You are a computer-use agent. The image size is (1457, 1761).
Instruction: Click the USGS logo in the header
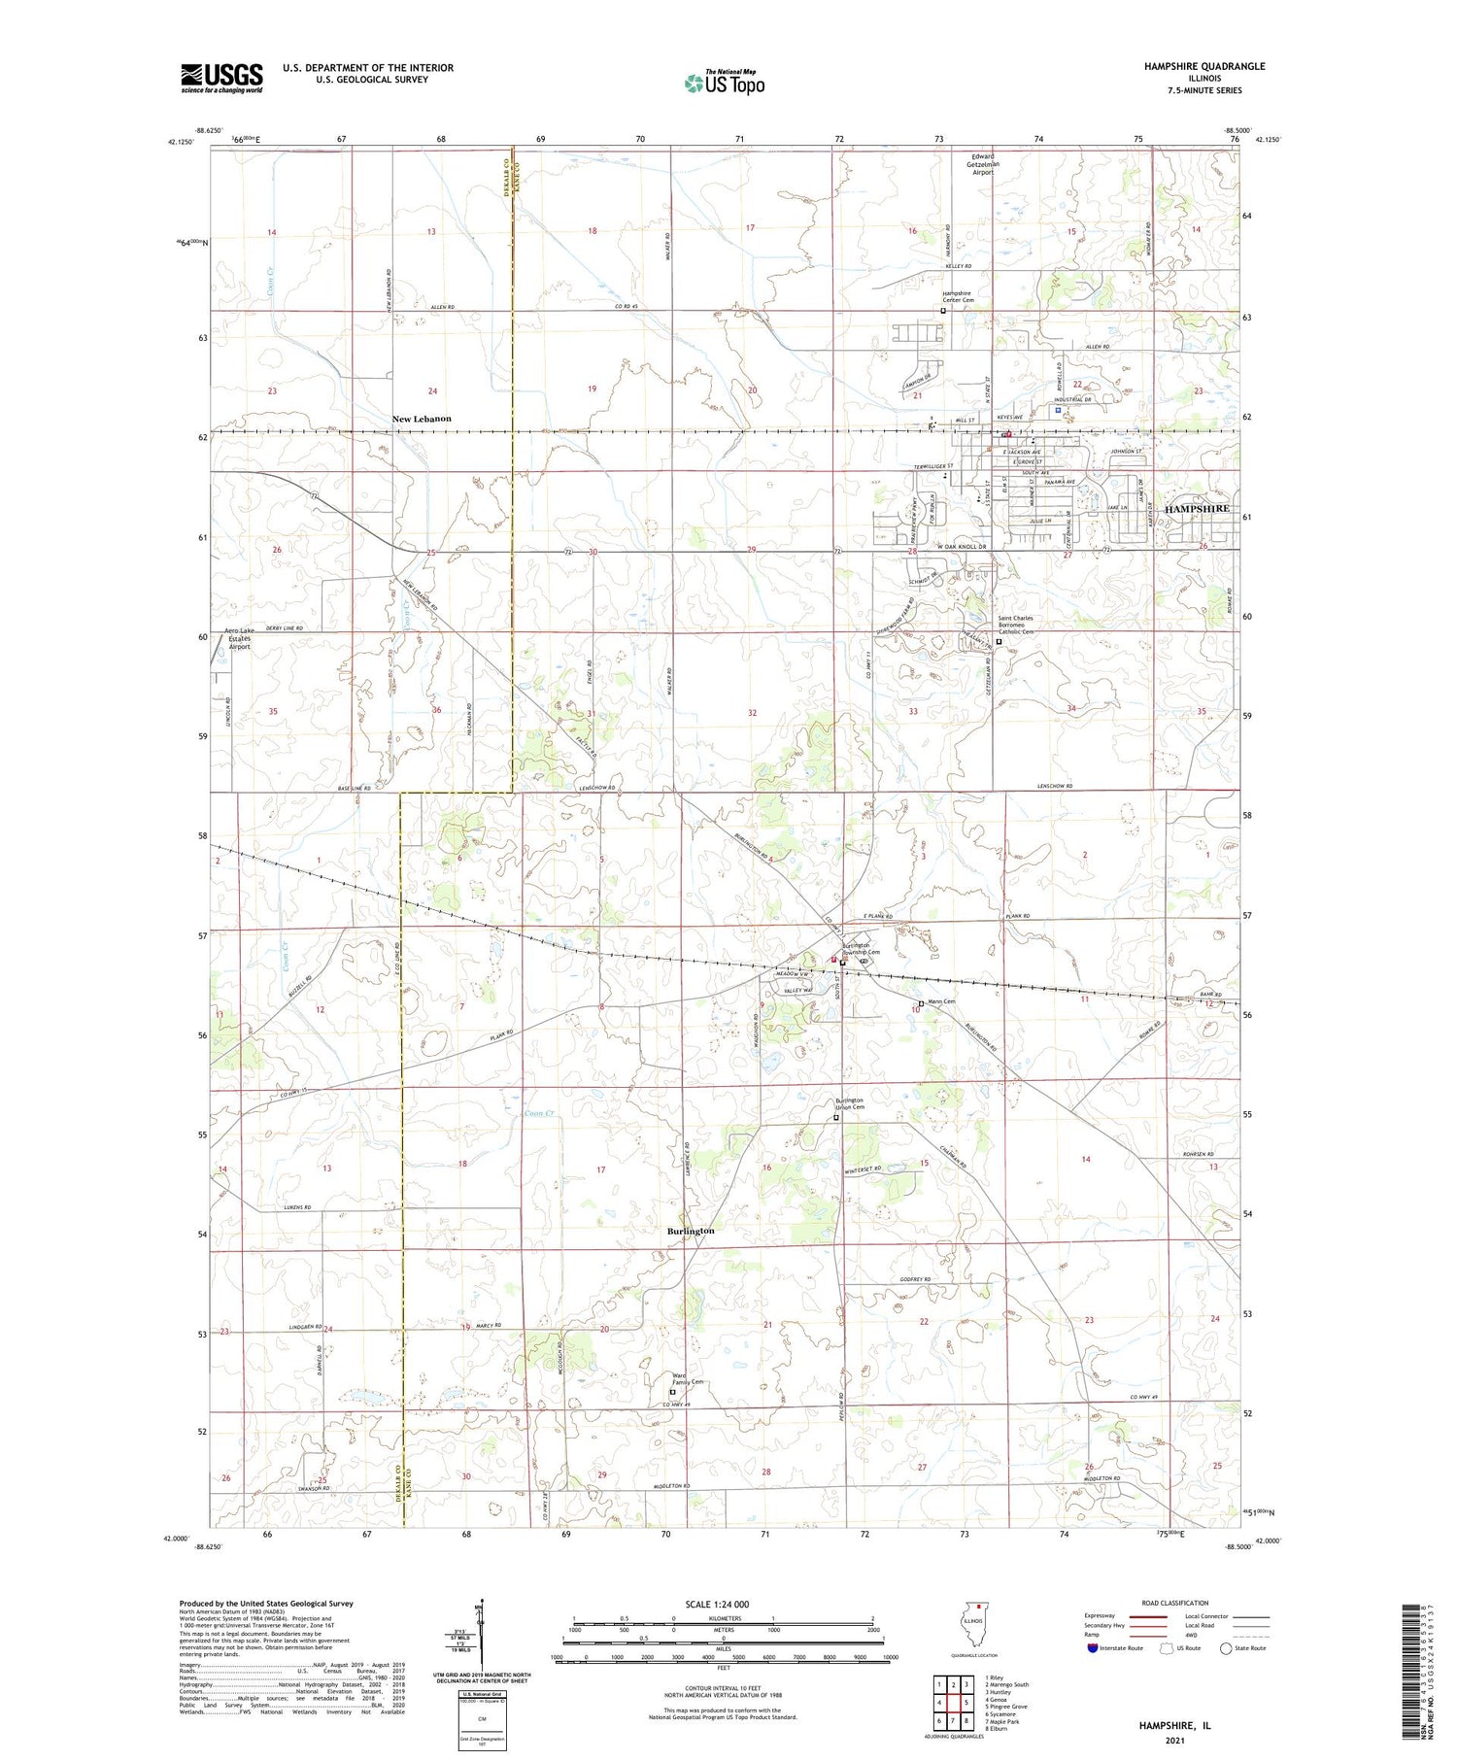pyautogui.click(x=221, y=78)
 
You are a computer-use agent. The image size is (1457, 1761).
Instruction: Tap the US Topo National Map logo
pyautogui.click(x=724, y=83)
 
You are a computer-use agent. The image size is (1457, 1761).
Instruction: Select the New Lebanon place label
pyautogui.click(x=422, y=419)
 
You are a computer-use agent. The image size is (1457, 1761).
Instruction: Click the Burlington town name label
pyautogui.click(x=691, y=1231)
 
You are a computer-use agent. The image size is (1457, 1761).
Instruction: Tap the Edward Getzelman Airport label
pyautogui.click(x=985, y=164)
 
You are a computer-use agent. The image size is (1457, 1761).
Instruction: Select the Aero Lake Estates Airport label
pyautogui.click(x=238, y=638)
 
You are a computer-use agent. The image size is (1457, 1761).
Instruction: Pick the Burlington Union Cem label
pyautogui.click(x=849, y=1103)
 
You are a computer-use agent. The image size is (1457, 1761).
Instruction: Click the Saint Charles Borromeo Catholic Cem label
pyautogui.click(x=1016, y=625)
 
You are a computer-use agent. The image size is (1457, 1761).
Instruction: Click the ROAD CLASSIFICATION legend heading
pyautogui.click(x=1175, y=1603)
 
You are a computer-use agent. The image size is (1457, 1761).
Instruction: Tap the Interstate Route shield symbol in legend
pyautogui.click(x=1093, y=1648)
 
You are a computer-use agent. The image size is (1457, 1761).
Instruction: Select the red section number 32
pyautogui.click(x=752, y=713)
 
